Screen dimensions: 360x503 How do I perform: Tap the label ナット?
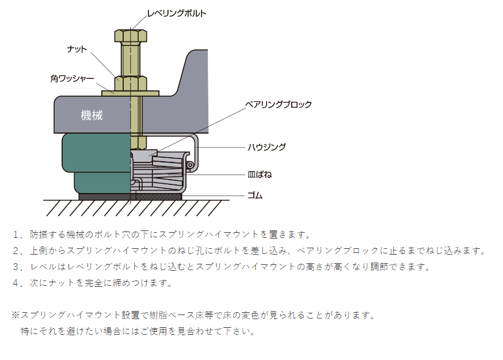[76, 50]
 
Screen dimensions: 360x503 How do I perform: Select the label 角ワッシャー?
[72, 78]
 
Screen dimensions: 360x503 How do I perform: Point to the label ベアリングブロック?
[278, 104]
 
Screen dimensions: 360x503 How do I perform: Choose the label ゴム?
[255, 195]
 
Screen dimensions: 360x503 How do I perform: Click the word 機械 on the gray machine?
[92, 115]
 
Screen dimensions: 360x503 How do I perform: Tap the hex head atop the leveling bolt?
[131, 36]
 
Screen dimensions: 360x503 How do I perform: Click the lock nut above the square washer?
[131, 84]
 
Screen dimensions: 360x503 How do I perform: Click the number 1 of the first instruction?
[17, 234]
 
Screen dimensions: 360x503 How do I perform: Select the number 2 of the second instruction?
[17, 251]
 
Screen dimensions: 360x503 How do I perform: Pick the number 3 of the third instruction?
[17, 267]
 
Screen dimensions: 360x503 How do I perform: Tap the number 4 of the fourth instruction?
[17, 283]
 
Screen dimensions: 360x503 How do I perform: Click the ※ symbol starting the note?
[16, 316]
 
